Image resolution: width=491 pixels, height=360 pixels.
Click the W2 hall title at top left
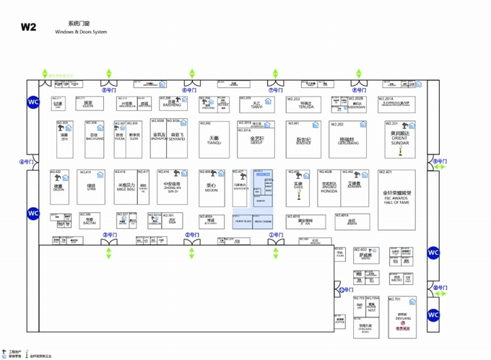click(x=28, y=27)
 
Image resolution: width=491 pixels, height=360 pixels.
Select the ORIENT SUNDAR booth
click(x=399, y=139)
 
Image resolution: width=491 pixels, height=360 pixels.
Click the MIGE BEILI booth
click(x=126, y=188)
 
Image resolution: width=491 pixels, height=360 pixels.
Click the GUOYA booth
click(x=88, y=105)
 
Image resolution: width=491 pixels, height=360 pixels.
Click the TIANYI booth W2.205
click(x=257, y=105)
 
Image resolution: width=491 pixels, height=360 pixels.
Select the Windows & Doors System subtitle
click(x=80, y=32)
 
